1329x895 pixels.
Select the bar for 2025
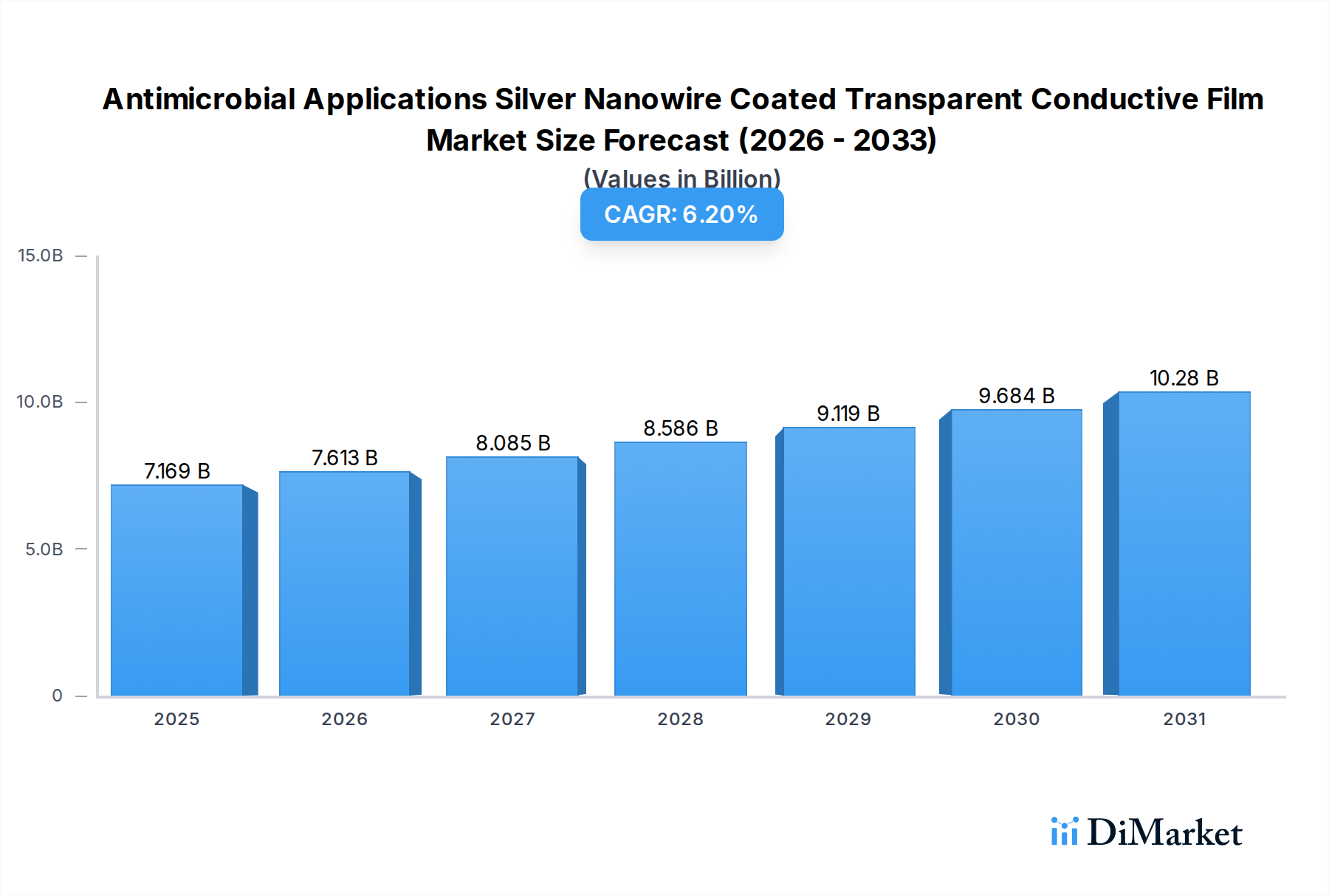tap(177, 591)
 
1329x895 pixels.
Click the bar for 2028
tap(680, 569)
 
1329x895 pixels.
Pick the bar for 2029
tap(848, 561)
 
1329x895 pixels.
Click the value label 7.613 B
tap(344, 458)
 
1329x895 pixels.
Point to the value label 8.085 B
tap(512, 443)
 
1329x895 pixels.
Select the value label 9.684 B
tap(1016, 396)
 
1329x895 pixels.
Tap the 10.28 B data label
tap(1184, 378)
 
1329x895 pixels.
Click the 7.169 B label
tap(176, 471)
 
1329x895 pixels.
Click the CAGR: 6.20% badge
tap(681, 214)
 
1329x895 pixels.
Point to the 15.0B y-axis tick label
tap(41, 256)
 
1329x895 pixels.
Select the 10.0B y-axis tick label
tap(41, 402)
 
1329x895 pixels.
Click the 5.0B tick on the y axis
tap(44, 549)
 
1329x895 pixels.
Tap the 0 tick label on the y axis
tap(57, 695)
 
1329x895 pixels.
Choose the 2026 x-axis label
tap(344, 719)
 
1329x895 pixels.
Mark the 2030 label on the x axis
tap(1016, 719)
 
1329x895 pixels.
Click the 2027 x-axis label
tap(512, 719)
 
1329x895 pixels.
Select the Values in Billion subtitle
tap(681, 178)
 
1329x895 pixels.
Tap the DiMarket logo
tap(1146, 832)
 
